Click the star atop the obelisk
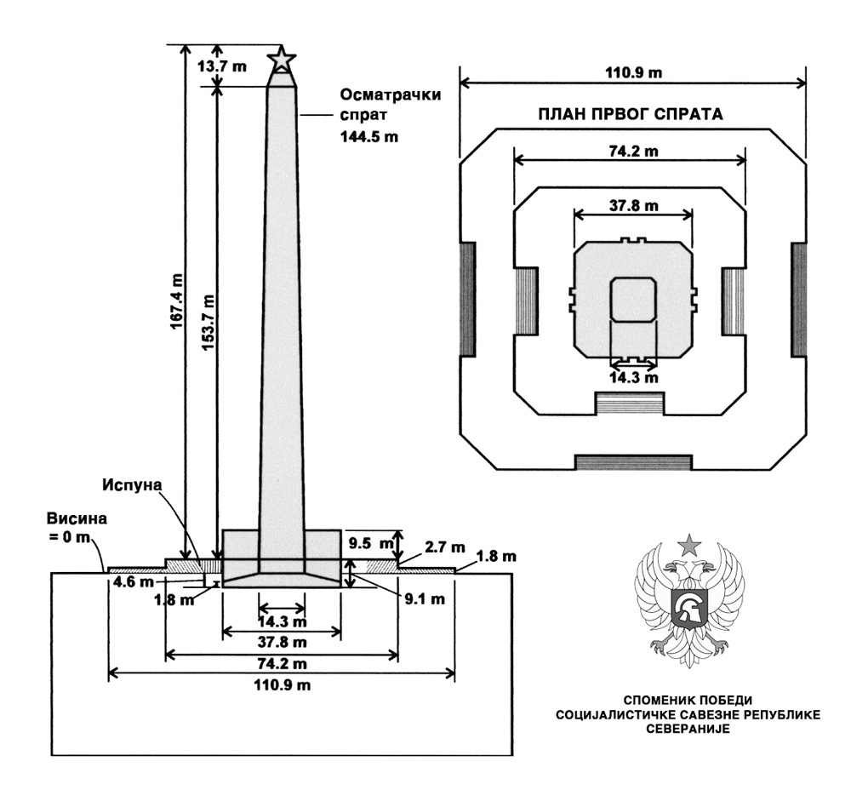(x=282, y=60)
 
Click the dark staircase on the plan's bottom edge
(x=631, y=462)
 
